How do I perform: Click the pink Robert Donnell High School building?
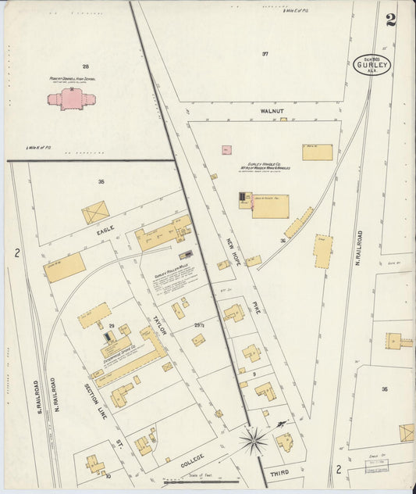click(71, 98)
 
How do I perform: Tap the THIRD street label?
click(279, 474)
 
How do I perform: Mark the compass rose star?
click(254, 442)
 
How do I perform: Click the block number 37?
click(265, 54)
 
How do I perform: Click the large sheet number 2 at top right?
click(390, 20)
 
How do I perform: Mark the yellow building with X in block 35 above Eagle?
click(96, 212)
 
